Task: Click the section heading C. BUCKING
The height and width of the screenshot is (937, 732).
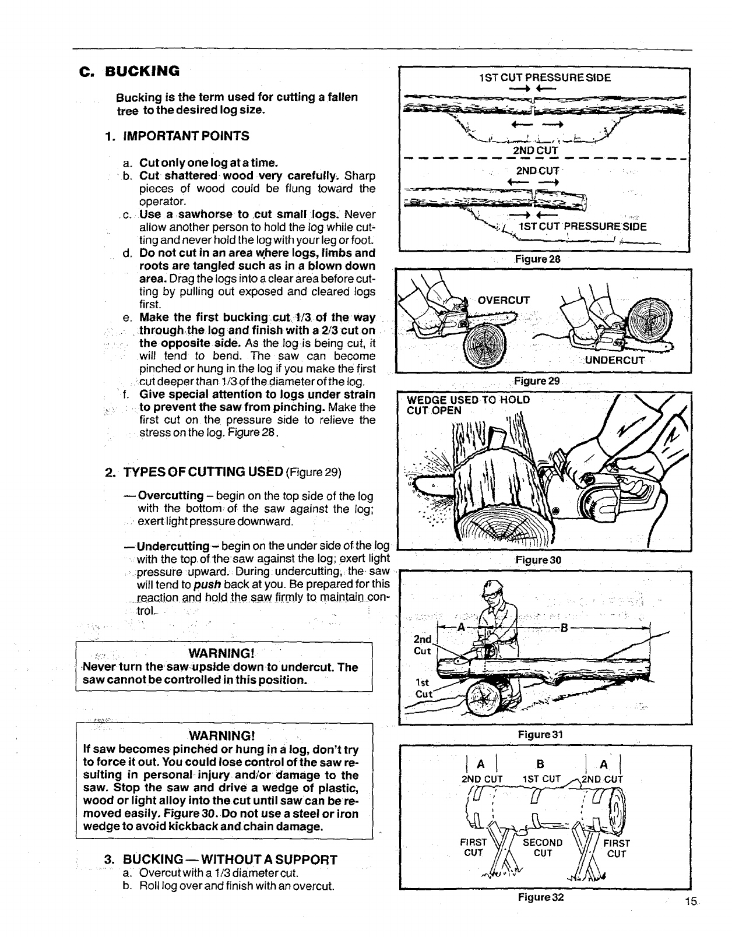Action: pos(129,72)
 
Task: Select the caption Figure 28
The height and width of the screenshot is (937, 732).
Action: pos(537,259)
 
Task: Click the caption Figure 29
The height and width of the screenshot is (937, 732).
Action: pos(537,381)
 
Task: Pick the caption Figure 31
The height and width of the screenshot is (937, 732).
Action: pos(540,734)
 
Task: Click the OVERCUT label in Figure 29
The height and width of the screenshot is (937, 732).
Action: pos(504,301)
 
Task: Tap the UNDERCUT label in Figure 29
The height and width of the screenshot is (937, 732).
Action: pos(614,360)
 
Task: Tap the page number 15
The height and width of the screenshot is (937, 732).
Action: pos(691,902)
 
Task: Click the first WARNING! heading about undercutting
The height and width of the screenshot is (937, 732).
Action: pos(223,651)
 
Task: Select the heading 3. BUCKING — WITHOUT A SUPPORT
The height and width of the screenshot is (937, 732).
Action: pos(220,859)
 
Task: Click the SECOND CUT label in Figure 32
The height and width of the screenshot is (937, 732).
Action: pos(543,848)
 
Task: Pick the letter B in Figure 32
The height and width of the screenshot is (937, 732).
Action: pos(539,765)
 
